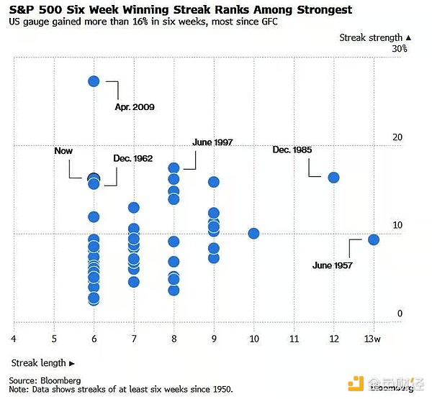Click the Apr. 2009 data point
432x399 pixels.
[x=94, y=81]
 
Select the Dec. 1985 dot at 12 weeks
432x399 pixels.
[x=333, y=178]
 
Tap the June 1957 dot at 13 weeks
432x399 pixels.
[x=374, y=239]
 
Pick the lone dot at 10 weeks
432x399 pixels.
[x=253, y=234]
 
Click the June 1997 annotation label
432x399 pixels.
[x=212, y=142]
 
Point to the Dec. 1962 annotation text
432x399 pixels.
[x=132, y=158]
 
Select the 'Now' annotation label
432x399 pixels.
[x=63, y=151]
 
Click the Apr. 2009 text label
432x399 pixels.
[x=135, y=107]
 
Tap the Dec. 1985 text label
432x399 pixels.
[x=292, y=150]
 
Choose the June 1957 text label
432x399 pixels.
[x=332, y=265]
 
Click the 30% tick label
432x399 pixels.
[x=400, y=49]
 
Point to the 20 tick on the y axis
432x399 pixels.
[x=397, y=137]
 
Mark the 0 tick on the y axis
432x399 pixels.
[x=400, y=313]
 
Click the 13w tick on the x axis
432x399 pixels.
[x=372, y=339]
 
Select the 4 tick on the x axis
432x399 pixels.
[x=14, y=339]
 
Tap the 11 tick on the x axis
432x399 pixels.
[x=294, y=339]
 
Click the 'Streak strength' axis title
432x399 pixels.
[x=371, y=37]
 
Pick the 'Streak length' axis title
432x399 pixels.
[x=39, y=363]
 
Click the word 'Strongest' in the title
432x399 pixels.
[x=324, y=10]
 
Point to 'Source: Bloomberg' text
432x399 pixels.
[x=45, y=380]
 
